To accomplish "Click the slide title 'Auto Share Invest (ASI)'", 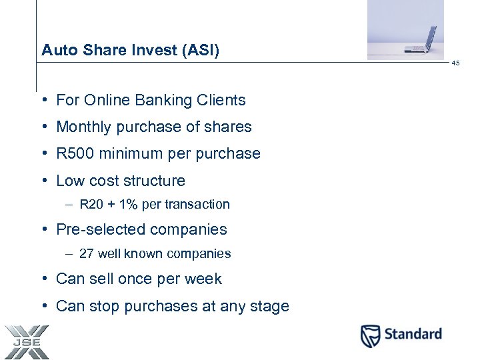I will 130,50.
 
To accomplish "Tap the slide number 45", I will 455,63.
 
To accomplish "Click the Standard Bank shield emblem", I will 371,335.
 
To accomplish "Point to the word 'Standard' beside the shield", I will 411,334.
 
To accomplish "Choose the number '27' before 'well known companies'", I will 86,254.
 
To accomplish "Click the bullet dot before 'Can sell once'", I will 43,279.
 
